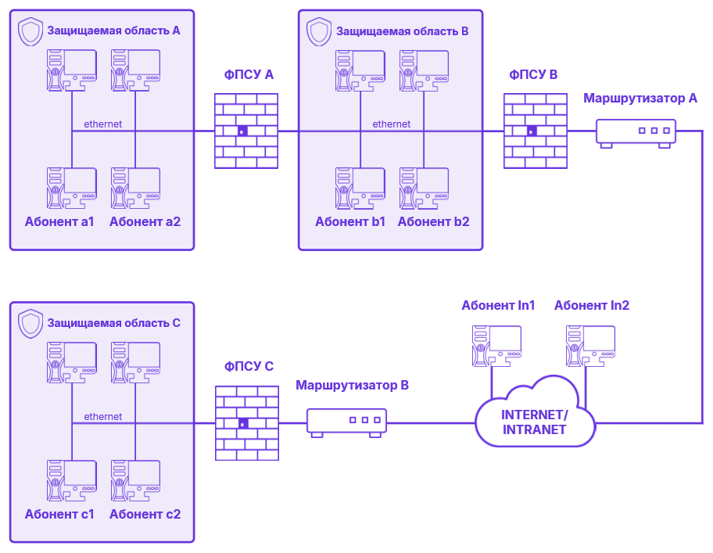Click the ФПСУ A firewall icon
pyautogui.click(x=246, y=131)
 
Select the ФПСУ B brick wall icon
pyautogui.click(x=536, y=131)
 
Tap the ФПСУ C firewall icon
pyautogui.click(x=247, y=423)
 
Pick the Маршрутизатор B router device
pyautogui.click(x=346, y=422)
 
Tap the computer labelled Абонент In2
pyautogui.click(x=591, y=345)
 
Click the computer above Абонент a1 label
pyautogui.click(x=71, y=187)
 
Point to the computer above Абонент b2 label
pyautogui.click(x=424, y=187)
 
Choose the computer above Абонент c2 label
pyautogui.click(x=135, y=479)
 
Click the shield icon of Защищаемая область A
pyautogui.click(x=30, y=32)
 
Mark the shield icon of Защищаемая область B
pyautogui.click(x=319, y=32)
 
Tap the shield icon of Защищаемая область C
pyautogui.click(x=30, y=323)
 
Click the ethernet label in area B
pyautogui.click(x=391, y=124)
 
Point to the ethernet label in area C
pyautogui.click(x=102, y=417)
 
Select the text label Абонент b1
pyautogui.click(x=350, y=222)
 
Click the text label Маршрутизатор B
pyautogui.click(x=352, y=386)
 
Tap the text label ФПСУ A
pyautogui.click(x=249, y=75)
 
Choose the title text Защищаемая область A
pyautogui.click(x=113, y=31)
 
